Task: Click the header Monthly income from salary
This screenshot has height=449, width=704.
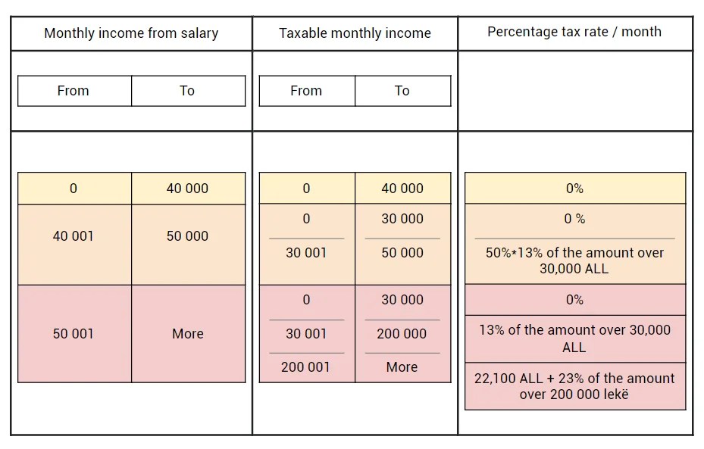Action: (x=131, y=33)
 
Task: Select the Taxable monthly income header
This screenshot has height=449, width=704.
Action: (x=355, y=33)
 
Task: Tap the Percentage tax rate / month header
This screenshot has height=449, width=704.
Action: (x=574, y=32)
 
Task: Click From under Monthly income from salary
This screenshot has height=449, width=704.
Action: (x=74, y=91)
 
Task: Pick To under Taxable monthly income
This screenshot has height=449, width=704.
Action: (x=402, y=91)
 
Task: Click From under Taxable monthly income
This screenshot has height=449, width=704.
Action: (x=306, y=91)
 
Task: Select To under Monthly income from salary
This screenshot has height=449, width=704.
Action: (x=187, y=91)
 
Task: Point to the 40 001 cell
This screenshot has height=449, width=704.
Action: (x=74, y=236)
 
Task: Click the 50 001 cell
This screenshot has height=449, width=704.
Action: (x=74, y=334)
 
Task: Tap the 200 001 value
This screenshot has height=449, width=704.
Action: (x=306, y=367)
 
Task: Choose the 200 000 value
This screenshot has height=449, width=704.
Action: (x=402, y=334)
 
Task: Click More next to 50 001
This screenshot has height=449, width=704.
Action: (x=187, y=334)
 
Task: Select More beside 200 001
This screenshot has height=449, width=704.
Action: (x=402, y=367)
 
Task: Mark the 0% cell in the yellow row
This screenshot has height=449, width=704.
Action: (x=574, y=189)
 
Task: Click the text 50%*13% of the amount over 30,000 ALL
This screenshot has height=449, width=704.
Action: (x=574, y=260)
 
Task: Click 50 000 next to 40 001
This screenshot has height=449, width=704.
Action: (x=187, y=236)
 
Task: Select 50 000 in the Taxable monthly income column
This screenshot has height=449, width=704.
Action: (x=402, y=253)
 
